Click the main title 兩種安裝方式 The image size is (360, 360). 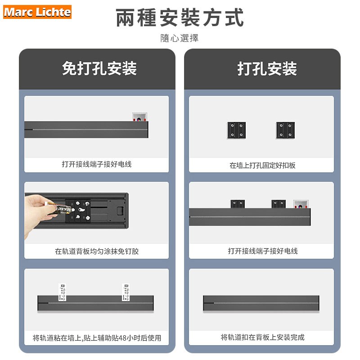[x=180, y=18]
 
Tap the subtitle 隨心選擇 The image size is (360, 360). [x=180, y=38]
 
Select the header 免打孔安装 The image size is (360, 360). [x=99, y=69]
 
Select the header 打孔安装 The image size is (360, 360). [x=267, y=69]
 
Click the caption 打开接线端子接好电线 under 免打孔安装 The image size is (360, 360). [x=97, y=164]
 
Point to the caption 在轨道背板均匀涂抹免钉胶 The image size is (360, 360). [x=97, y=251]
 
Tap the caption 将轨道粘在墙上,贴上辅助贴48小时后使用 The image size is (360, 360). [x=97, y=338]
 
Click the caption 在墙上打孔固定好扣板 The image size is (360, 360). [x=262, y=165]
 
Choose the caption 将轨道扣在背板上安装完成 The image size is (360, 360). [x=262, y=337]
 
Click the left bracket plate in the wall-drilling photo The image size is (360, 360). [x=237, y=130]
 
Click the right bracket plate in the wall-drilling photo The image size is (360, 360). [x=284, y=130]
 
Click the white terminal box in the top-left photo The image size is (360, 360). [x=139, y=117]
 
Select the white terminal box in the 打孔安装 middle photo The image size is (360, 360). [x=301, y=205]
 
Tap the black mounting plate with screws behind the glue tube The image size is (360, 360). [x=79, y=211]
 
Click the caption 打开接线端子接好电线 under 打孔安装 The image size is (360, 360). [x=262, y=251]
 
